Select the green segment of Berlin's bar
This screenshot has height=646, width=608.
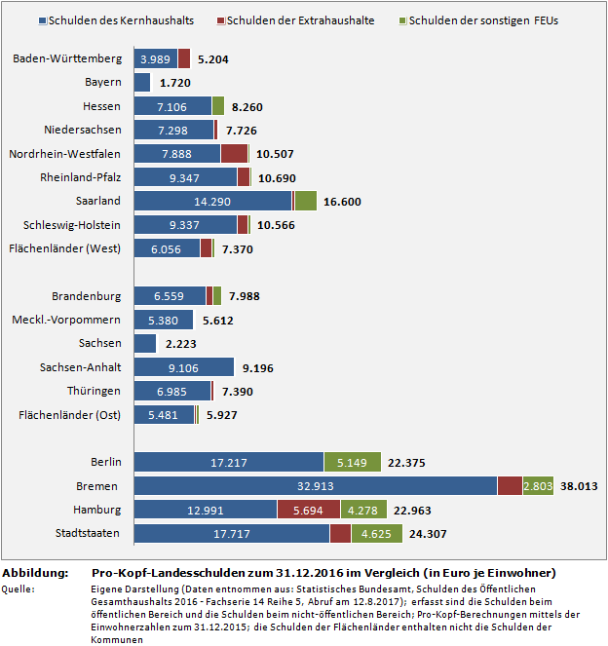pyautogui.click(x=353, y=462)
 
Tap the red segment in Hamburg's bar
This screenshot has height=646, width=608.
pyautogui.click(x=307, y=509)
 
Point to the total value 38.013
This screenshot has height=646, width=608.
pyautogui.click(x=580, y=485)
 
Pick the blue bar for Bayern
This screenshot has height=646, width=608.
pyautogui.click(x=141, y=83)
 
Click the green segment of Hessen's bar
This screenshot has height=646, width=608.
pyautogui.click(x=218, y=106)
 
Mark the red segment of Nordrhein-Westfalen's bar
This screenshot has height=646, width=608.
pyautogui.click(x=234, y=153)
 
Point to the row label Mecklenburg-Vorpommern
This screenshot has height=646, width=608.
pyautogui.click(x=66, y=320)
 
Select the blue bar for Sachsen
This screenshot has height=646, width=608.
pyautogui.click(x=145, y=343)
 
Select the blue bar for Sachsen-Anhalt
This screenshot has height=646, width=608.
pyautogui.click(x=183, y=366)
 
